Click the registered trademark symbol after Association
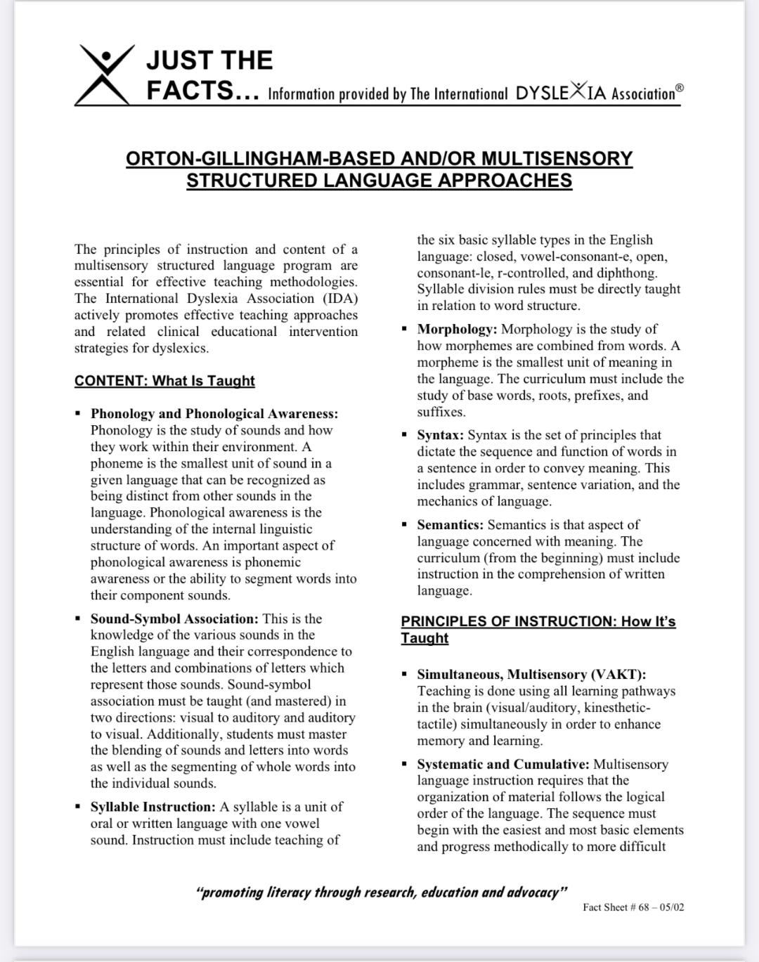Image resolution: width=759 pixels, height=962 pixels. [x=679, y=88]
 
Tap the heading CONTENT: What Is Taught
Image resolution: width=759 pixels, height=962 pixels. [x=164, y=381]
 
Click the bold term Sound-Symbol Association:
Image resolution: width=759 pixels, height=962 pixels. [x=174, y=619]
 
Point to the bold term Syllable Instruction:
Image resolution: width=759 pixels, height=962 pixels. [x=153, y=807]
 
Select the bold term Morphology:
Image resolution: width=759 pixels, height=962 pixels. [x=457, y=329]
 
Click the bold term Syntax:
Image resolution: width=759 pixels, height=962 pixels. [x=440, y=435]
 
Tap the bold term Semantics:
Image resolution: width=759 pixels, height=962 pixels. [x=450, y=525]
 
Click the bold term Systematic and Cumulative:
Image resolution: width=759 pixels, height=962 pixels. [x=503, y=765]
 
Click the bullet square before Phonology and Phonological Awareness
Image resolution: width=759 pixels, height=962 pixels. [x=79, y=413]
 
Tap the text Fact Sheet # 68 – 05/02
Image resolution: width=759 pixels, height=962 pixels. [x=633, y=907]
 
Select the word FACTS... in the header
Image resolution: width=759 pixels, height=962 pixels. [x=204, y=90]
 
